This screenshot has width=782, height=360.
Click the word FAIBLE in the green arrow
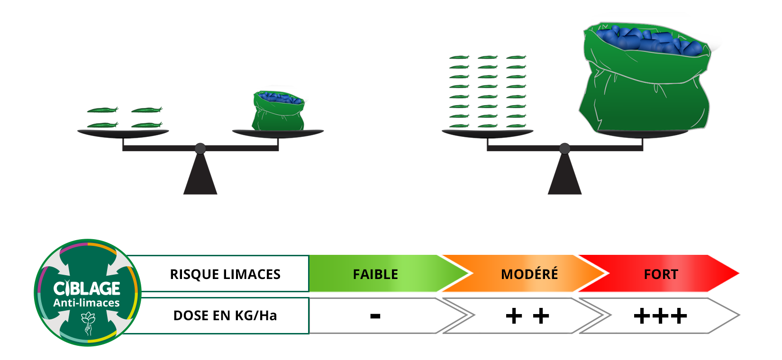tap(375, 274)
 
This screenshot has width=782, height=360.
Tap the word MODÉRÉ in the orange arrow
tap(529, 274)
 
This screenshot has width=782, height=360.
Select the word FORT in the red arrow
tap(661, 274)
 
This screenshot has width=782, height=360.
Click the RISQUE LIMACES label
tap(225, 274)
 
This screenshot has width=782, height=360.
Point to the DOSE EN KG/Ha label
tap(225, 315)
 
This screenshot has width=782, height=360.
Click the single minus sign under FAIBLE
tap(375, 316)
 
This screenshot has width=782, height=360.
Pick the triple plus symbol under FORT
tap(660, 316)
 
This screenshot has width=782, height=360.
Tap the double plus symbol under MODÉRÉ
tap(527, 316)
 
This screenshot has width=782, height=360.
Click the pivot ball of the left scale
tap(200, 148)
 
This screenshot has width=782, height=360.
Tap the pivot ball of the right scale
tap(564, 148)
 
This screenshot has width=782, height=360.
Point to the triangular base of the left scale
tap(200, 178)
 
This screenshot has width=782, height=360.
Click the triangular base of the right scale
tap(564, 178)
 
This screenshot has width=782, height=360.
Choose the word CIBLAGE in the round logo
tap(87, 288)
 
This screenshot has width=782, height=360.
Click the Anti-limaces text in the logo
tap(87, 303)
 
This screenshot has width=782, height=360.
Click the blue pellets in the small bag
tap(280, 98)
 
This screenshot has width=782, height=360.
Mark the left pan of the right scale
tap(487, 133)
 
